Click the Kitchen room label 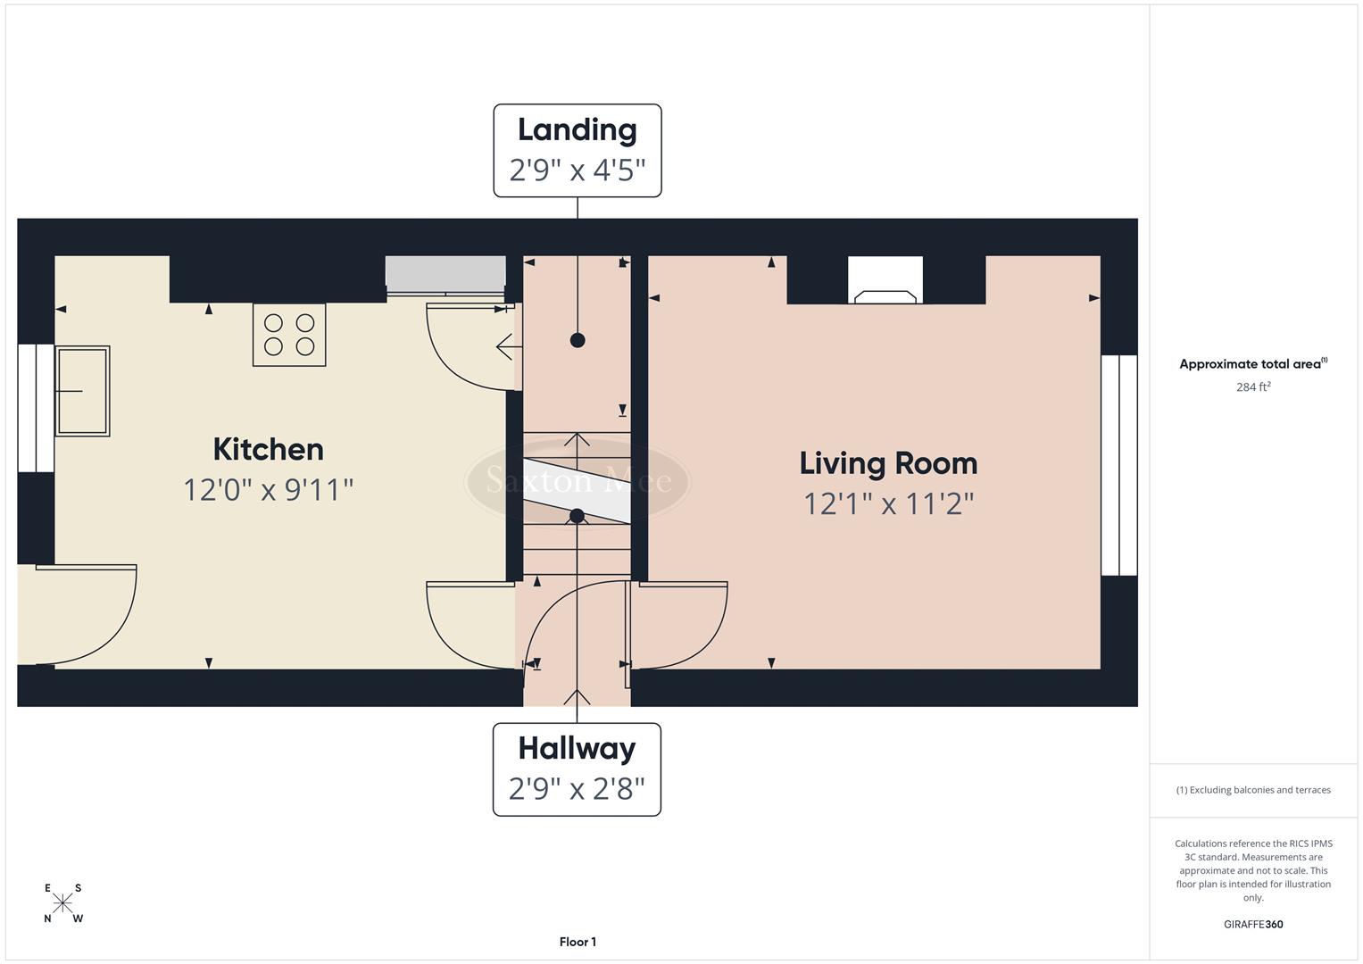pos(268,449)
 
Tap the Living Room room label pos(888,463)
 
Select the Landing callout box pos(578,150)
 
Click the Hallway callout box pos(577,769)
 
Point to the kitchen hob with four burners pos(289,335)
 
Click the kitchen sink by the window pos(83,391)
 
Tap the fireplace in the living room pos(885,281)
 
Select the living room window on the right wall pos(1118,465)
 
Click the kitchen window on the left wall pos(36,408)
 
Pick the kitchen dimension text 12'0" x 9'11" pos(268,490)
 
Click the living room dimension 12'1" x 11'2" pos(888,504)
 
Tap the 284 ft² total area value pos(1253,387)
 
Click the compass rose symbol pos(63,903)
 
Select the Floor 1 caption pos(578,942)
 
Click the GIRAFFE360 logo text pos(1253,925)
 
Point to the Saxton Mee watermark pos(578,481)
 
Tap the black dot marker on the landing pos(578,340)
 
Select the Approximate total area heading pos(1253,364)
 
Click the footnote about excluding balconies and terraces pos(1253,790)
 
